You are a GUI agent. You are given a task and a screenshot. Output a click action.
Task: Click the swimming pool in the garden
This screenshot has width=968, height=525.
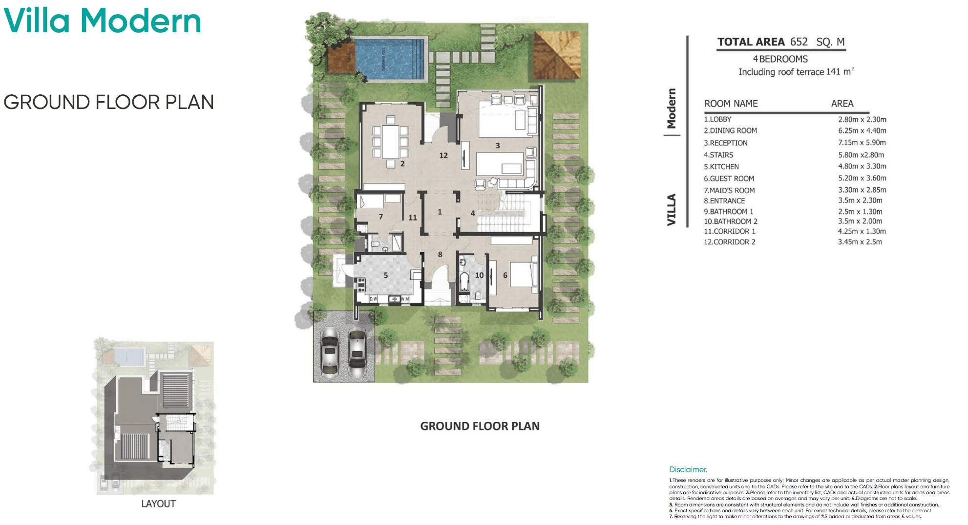[x=389, y=59]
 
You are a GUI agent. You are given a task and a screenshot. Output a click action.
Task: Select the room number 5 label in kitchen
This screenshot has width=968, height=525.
[x=386, y=275]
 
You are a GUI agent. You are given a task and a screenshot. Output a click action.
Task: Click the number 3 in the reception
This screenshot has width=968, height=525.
[x=498, y=146]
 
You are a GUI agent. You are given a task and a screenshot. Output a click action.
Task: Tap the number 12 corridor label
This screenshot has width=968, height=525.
[x=443, y=155]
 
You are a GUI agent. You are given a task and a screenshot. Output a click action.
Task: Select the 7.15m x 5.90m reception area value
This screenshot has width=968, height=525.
[x=862, y=143]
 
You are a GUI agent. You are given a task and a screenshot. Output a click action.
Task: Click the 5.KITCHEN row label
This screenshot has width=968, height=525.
[x=721, y=167]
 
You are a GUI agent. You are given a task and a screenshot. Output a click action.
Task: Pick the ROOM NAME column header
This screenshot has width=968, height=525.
[x=731, y=104]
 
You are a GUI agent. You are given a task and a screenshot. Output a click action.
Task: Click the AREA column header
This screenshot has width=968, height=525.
[x=842, y=104]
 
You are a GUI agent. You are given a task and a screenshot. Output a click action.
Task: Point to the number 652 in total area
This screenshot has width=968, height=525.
[x=799, y=42]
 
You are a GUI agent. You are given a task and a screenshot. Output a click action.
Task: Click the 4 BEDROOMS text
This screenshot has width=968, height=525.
[x=780, y=59]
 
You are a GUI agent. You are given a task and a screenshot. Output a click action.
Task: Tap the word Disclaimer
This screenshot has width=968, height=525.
[x=688, y=469]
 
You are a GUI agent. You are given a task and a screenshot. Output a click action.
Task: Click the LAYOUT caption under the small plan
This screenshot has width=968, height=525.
[x=158, y=503]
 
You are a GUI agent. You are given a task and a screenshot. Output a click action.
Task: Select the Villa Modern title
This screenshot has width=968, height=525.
[x=102, y=21]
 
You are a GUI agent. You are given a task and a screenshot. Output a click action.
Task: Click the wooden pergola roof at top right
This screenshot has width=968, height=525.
[x=557, y=54]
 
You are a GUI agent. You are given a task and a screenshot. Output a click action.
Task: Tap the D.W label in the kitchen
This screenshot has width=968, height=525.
[x=373, y=299]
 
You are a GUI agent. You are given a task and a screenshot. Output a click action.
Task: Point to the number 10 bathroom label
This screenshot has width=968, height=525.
[x=479, y=275]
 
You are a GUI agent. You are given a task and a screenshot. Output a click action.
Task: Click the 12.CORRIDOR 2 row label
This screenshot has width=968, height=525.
[x=729, y=242]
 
